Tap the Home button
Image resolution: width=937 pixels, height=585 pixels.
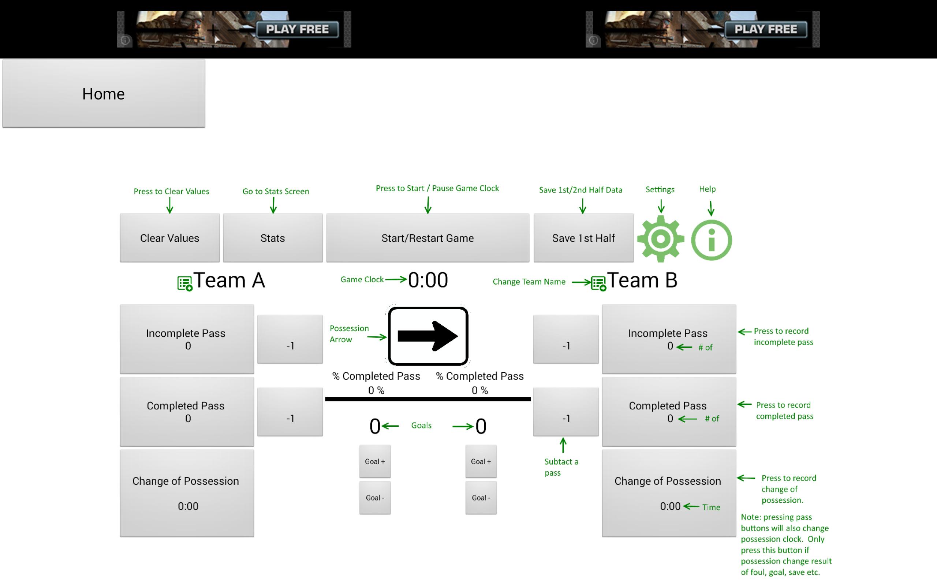(103, 94)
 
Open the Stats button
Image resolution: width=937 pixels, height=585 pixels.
(273, 238)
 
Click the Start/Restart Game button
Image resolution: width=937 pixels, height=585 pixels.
(428, 238)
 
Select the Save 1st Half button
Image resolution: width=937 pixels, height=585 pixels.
(583, 238)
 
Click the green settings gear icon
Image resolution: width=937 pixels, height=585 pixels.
(661, 239)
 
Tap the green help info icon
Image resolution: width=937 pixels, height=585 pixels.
(711, 240)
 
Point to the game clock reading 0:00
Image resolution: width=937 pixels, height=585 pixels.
(428, 280)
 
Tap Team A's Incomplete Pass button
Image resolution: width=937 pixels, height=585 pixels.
(187, 339)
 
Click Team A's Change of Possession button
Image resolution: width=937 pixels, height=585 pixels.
(187, 493)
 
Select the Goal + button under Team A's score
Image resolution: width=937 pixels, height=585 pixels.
(375, 461)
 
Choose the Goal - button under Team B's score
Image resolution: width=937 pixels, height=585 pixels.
(481, 498)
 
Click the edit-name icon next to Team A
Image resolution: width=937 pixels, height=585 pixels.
(185, 283)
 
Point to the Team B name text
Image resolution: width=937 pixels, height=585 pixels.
(642, 280)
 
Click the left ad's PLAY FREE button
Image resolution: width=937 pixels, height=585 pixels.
(297, 29)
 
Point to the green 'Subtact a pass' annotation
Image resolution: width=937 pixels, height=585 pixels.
(561, 467)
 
